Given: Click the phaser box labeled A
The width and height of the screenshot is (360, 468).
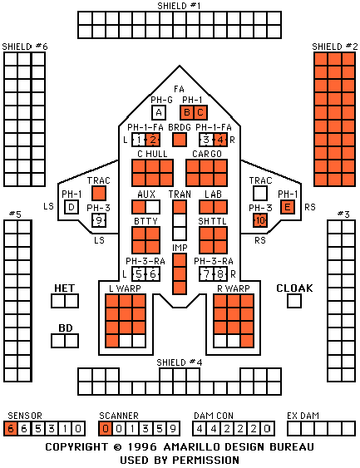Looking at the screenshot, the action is pos(159,112).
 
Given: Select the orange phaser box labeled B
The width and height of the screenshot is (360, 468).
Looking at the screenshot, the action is pos(187,112).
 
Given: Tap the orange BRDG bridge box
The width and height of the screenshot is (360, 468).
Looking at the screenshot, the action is pos(180,140).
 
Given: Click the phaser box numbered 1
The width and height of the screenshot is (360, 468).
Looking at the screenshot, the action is pos(139,140).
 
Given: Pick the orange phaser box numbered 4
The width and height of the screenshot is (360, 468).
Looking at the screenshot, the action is pos(220,140).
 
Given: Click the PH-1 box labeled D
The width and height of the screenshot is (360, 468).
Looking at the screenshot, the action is pos(72,207).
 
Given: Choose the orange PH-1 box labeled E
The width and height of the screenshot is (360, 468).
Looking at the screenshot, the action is pos(288,207).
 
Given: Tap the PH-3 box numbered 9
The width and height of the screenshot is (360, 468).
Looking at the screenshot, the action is pos(99,220).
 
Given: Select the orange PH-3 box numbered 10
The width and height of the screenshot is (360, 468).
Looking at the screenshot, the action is pos(260,220).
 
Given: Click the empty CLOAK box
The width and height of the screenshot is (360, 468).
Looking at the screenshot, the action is pos(294,301).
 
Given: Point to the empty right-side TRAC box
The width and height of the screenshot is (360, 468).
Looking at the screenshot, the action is pos(260,193).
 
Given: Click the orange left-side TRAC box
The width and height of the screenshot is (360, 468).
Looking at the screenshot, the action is pos(99,193).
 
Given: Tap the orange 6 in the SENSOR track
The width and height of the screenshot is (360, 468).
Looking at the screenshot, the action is pos(11,429).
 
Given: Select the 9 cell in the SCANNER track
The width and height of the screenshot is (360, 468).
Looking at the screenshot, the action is pos(173,429).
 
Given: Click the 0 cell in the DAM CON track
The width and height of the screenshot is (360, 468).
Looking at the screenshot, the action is pos(267,429).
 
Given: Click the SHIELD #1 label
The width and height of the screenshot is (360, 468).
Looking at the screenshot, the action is pos(179,6).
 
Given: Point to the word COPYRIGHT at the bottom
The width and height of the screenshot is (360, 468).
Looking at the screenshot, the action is pos(76,447).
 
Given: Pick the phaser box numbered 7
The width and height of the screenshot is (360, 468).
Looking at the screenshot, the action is pos(206,274).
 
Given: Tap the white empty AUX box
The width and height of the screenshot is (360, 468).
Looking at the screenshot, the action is pos(153,207).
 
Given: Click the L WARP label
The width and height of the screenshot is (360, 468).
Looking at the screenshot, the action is pos(125,288).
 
